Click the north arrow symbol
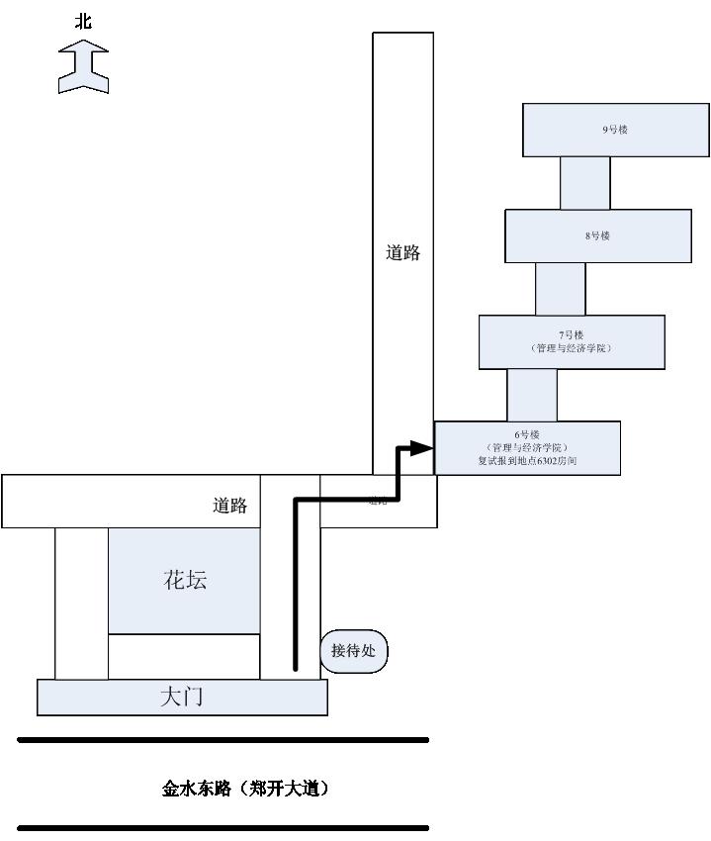point(83,68)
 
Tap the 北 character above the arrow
point(83,20)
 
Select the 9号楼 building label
point(615,130)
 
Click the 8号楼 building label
point(597,235)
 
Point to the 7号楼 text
point(572,334)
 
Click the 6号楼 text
point(527,434)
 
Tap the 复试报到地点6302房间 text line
point(527,461)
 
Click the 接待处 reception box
point(354,651)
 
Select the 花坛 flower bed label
point(185,580)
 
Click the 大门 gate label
point(182,697)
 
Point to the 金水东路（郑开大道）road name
point(245,789)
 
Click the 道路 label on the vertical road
point(402,252)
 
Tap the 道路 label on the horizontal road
point(229,506)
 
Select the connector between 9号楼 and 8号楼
point(584,183)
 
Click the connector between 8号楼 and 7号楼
point(560,289)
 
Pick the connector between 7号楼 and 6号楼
point(531,395)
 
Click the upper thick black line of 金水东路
point(223,739)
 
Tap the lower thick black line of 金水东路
point(223,827)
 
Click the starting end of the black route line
point(295,668)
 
